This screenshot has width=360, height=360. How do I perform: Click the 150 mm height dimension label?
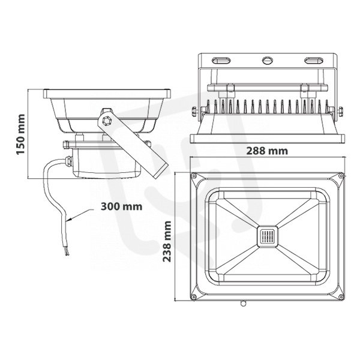pos(20,134)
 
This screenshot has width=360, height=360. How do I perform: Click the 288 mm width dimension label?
pos(267,151)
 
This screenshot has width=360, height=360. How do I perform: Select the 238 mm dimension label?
pos(167,241)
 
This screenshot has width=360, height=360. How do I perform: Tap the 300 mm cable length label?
pos(121,206)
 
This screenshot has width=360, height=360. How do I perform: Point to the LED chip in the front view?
pos(267,236)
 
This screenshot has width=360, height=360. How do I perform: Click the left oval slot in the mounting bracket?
pos(221,61)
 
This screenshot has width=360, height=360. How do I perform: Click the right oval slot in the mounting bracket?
pos(314,61)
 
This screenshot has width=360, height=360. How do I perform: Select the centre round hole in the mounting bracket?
pos(268,61)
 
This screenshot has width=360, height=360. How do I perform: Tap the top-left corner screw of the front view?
pos(194,176)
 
